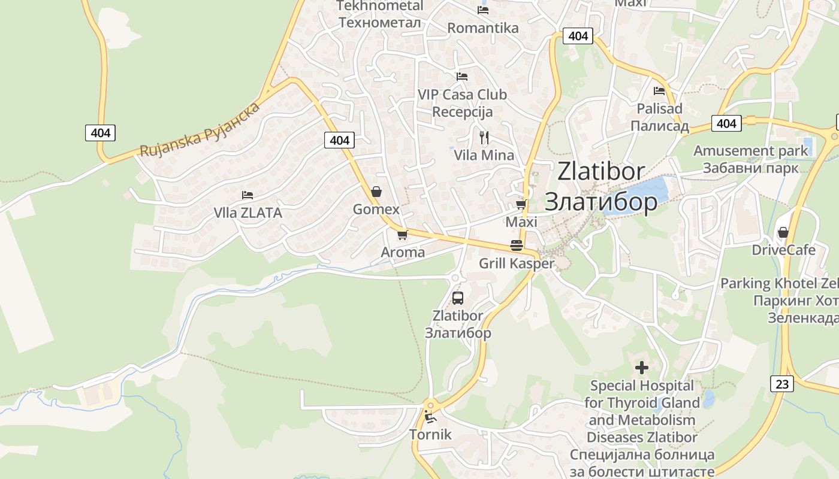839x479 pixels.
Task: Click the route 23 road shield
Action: pyautogui.click(x=782, y=383)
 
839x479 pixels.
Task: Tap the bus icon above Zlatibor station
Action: pyautogui.click(x=458, y=298)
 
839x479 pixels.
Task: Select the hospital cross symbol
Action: pyautogui.click(x=642, y=367)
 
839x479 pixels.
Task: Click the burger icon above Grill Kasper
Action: pyautogui.click(x=517, y=245)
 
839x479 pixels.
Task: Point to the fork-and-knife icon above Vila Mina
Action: pyautogui.click(x=484, y=138)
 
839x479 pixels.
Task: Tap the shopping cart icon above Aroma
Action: pyautogui.click(x=402, y=235)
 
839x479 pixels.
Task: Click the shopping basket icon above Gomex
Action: pyautogui.click(x=376, y=192)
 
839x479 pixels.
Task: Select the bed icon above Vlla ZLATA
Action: pyautogui.click(x=247, y=195)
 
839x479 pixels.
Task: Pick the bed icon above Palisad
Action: pyautogui.click(x=659, y=91)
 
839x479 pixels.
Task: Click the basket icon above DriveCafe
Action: pyautogui.click(x=783, y=232)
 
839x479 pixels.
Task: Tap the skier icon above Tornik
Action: pyautogui.click(x=430, y=416)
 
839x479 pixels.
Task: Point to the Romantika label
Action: pyautogui.click(x=483, y=28)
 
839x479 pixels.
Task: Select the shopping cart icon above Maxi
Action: pyautogui.click(x=521, y=205)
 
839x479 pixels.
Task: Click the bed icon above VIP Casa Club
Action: pyautogui.click(x=461, y=77)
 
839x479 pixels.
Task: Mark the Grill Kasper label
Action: pyautogui.click(x=517, y=263)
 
